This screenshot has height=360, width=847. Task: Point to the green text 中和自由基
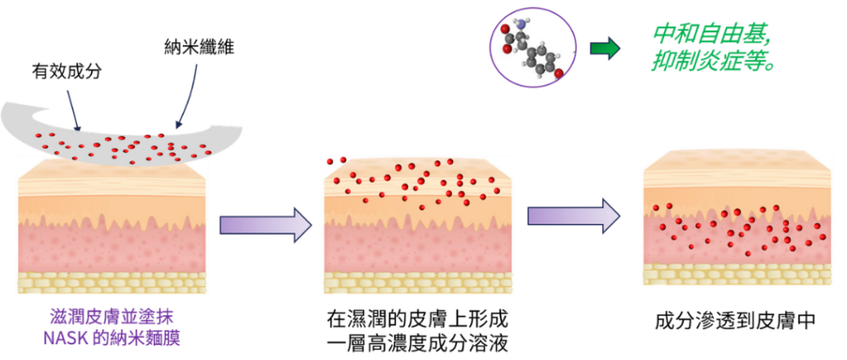tap(711, 35)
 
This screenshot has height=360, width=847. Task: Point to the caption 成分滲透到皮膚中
tap(735, 321)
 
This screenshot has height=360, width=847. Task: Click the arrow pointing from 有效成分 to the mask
tap(74, 111)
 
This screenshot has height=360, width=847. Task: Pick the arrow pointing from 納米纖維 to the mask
tap(187, 98)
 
